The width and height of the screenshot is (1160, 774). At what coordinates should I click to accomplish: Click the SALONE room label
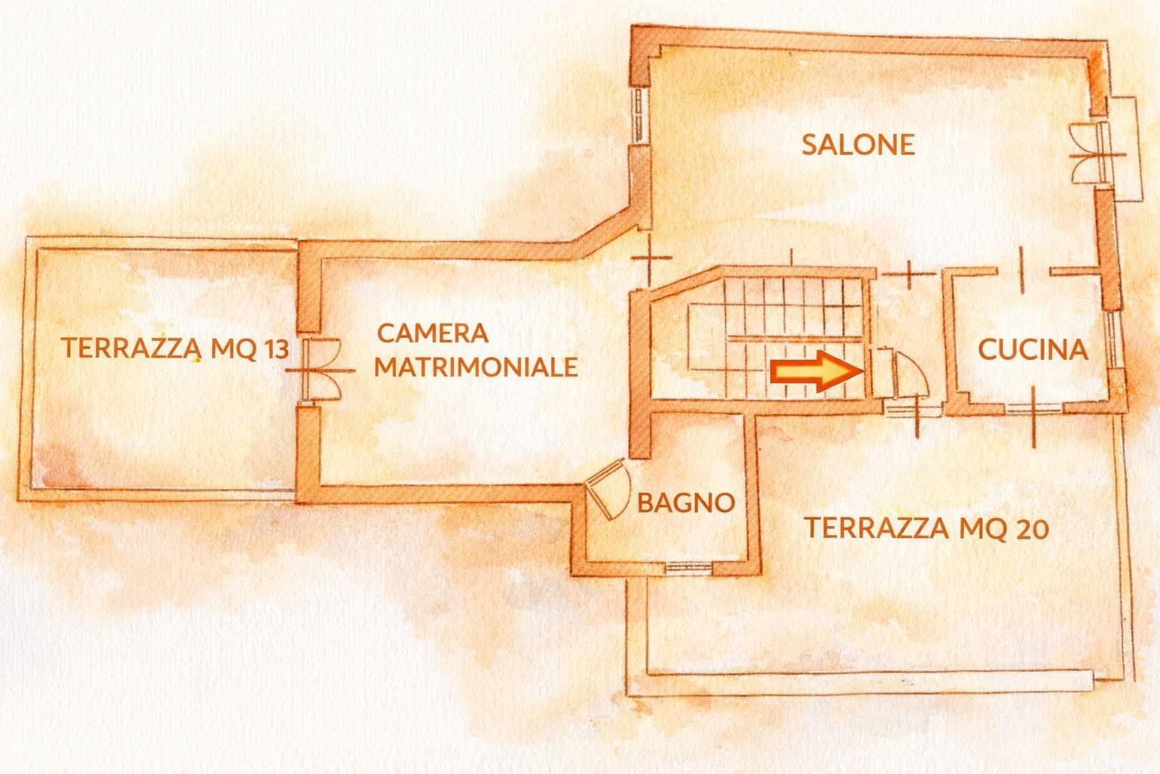pyautogui.click(x=858, y=144)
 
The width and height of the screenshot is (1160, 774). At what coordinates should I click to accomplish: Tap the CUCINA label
pyautogui.click(x=1032, y=349)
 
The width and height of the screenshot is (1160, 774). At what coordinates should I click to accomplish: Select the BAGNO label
pyautogui.click(x=686, y=503)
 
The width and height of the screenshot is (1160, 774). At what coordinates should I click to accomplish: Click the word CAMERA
pyautogui.click(x=433, y=333)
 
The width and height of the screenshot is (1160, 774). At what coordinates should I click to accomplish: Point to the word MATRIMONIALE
pyautogui.click(x=476, y=367)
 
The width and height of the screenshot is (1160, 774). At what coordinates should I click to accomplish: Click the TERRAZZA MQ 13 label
pyautogui.click(x=174, y=348)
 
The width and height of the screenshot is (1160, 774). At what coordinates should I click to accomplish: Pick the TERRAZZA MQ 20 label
pyautogui.click(x=926, y=528)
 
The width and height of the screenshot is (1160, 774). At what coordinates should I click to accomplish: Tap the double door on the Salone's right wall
pyautogui.click(x=1087, y=151)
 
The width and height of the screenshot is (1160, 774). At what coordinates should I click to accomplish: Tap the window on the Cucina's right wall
pyautogui.click(x=1113, y=340)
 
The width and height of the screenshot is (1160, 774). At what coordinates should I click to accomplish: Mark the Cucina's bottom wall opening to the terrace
pyautogui.click(x=1034, y=409)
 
